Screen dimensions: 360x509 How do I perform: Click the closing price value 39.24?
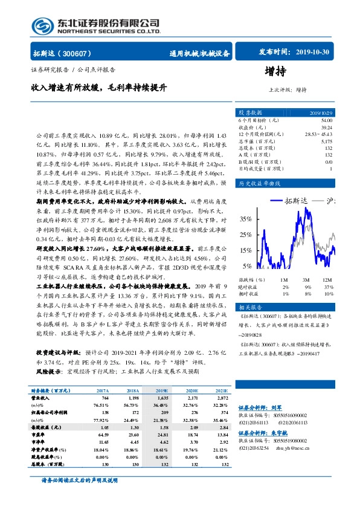[x=326, y=128]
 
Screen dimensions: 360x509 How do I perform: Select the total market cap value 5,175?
[x=326, y=141]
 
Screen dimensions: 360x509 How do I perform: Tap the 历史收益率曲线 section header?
[x=260, y=183]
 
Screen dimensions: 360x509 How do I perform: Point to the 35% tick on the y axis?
[x=244, y=219]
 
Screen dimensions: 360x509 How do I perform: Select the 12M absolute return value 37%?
[x=328, y=287]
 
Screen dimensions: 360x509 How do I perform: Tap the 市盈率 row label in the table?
[x=40, y=434]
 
